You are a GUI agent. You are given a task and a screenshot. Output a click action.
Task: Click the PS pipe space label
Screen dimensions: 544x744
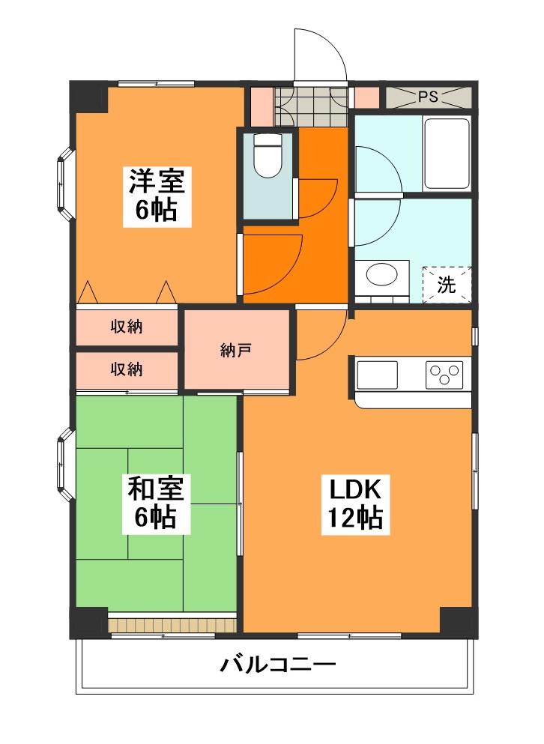coord(428,97)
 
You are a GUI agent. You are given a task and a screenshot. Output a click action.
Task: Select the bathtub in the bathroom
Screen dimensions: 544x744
coord(447,154)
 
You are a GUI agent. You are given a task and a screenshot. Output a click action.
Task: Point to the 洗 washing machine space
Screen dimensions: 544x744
coord(447,285)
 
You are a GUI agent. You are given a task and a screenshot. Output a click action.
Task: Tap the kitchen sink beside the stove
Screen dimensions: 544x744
coord(377,375)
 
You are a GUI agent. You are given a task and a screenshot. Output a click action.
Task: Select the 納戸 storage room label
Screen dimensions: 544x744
coord(235,351)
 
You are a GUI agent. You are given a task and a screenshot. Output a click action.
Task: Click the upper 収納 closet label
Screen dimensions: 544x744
coord(127,327)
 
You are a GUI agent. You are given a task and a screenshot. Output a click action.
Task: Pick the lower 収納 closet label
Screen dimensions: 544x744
coord(127,369)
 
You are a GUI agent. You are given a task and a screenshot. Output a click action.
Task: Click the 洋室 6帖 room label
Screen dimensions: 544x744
coord(157,196)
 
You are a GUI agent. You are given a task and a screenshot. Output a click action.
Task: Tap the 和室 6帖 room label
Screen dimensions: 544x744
coord(156,503)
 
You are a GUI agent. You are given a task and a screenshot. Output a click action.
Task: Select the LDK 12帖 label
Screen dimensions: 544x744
coord(355,504)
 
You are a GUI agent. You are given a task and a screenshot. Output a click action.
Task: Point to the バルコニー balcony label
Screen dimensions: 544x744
coord(278,665)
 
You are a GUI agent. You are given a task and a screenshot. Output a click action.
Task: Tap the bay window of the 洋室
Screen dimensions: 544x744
coord(65,184)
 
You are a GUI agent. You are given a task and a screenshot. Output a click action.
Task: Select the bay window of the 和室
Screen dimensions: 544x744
coord(65,465)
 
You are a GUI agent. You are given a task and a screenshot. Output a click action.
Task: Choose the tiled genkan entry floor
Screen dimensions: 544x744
coord(312,106)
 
